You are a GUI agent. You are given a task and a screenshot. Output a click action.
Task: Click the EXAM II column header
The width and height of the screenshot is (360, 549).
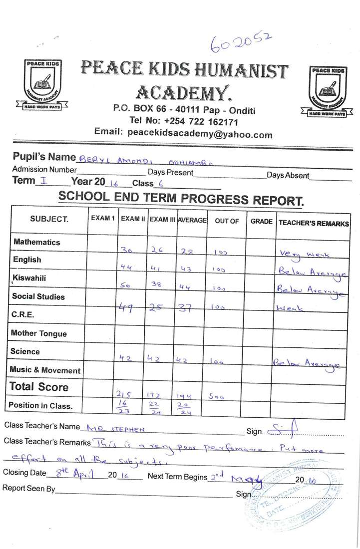(132, 219)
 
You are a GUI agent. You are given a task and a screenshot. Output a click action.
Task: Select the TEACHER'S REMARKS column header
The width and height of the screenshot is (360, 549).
(313, 223)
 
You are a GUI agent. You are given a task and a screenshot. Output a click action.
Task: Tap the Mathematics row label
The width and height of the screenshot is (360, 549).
(36, 242)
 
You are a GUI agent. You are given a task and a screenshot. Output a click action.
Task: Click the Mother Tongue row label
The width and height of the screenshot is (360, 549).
(38, 333)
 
